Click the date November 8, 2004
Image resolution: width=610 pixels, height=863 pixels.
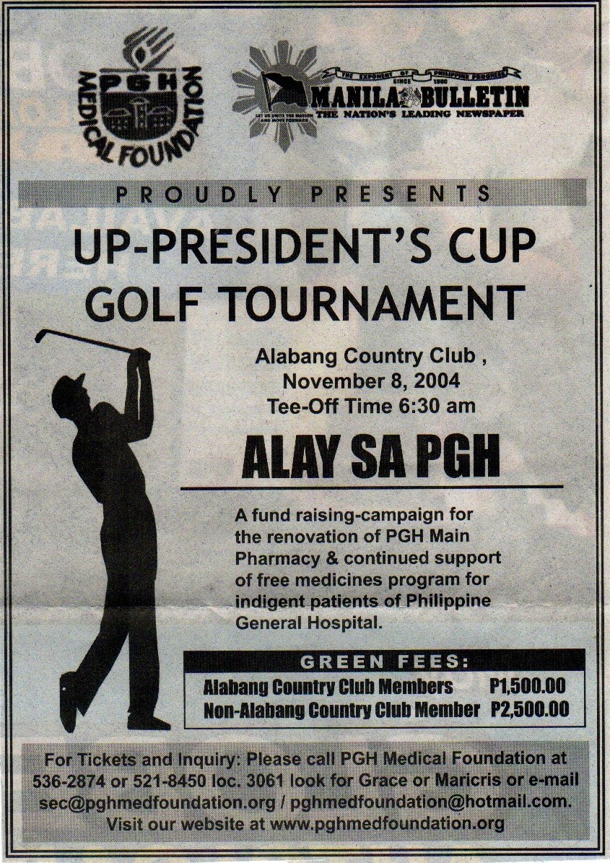(x=371, y=380)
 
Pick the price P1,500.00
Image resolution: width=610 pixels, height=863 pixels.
(x=527, y=685)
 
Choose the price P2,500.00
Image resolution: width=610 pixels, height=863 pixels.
(x=528, y=709)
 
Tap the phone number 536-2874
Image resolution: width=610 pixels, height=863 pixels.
(x=66, y=781)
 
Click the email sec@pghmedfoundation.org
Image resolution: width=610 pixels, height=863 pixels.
(x=154, y=802)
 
